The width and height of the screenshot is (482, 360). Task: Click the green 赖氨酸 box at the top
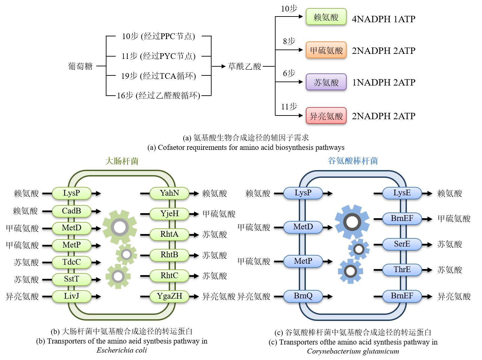click(326, 17)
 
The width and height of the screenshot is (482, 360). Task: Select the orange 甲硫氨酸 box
click(326, 50)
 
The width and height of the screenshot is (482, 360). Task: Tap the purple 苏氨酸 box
click(326, 82)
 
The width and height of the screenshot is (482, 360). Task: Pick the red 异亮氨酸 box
click(326, 116)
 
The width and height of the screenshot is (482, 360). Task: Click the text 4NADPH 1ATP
click(383, 19)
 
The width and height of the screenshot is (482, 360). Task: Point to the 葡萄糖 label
click(81, 66)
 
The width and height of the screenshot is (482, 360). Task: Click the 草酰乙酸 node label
click(245, 66)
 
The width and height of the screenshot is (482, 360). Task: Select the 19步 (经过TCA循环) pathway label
click(158, 76)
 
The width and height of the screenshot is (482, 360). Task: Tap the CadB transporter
click(71, 211)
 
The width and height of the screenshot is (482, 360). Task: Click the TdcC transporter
click(71, 262)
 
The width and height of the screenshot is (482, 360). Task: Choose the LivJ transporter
click(71, 296)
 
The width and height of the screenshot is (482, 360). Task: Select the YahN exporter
click(169, 193)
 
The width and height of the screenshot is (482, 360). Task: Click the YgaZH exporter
click(169, 296)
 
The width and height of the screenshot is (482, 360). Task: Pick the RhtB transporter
click(169, 255)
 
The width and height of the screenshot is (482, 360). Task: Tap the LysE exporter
click(402, 193)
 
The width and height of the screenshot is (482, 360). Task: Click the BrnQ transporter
click(303, 296)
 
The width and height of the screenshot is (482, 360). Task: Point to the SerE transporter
click(402, 244)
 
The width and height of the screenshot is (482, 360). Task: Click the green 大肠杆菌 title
click(122, 161)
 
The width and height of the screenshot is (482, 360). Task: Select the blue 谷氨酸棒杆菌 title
click(353, 161)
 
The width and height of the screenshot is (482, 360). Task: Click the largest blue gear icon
click(352, 222)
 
